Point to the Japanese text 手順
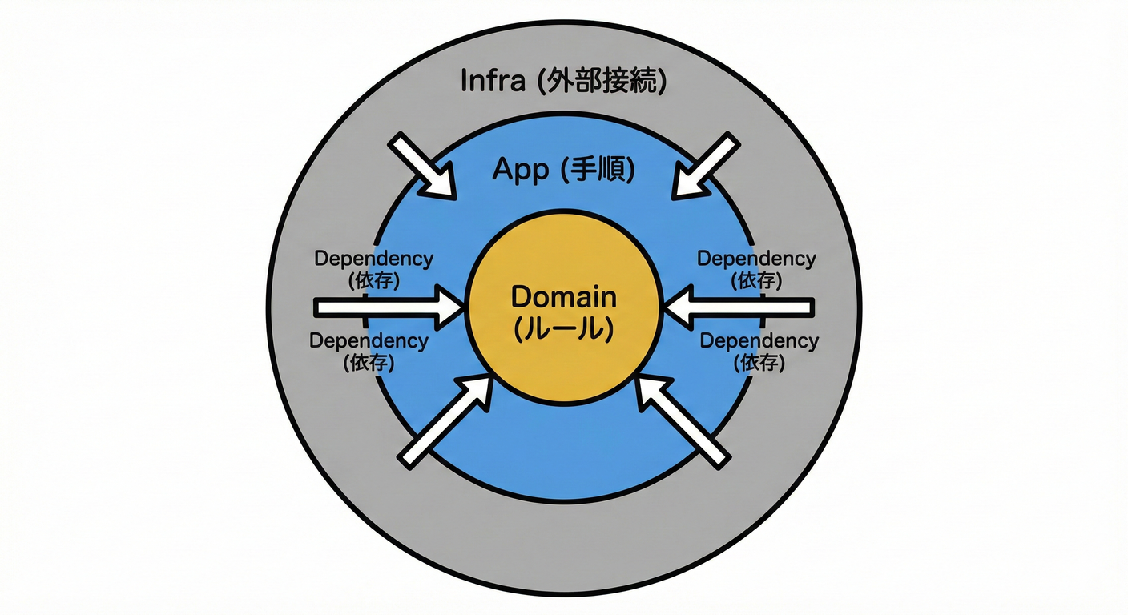click(x=598, y=170)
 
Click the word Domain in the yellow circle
click(x=564, y=298)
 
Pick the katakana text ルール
click(x=564, y=328)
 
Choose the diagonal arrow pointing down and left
click(x=704, y=167)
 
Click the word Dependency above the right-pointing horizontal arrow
click(x=374, y=259)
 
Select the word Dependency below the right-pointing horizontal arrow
click(x=369, y=340)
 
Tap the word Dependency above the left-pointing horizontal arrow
click(x=756, y=259)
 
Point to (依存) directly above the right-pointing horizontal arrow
click(x=374, y=281)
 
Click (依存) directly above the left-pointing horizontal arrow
click(x=756, y=281)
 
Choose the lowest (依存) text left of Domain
click(x=369, y=363)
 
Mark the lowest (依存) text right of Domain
click(x=759, y=363)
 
